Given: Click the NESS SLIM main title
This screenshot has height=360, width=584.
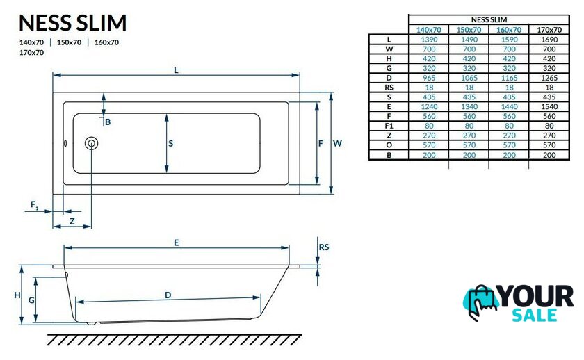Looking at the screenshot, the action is coord(72,22).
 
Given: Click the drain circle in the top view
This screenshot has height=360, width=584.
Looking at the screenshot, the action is coord(91,143).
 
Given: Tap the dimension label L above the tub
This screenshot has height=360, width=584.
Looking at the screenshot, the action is coord(176,70).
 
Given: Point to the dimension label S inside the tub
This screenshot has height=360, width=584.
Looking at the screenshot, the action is coord(170,143).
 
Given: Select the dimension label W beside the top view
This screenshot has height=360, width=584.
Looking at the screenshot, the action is coord(337,143).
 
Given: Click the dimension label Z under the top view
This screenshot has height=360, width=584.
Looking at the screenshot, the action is coord(72,222).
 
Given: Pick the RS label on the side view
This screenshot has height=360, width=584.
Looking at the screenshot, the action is coord(324,247).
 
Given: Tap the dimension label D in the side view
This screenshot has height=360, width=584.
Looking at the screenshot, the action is coord(168,295).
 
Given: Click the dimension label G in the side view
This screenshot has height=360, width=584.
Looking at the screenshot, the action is coord(32,300).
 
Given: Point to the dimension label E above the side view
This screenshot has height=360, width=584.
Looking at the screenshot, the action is coord(177,243).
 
